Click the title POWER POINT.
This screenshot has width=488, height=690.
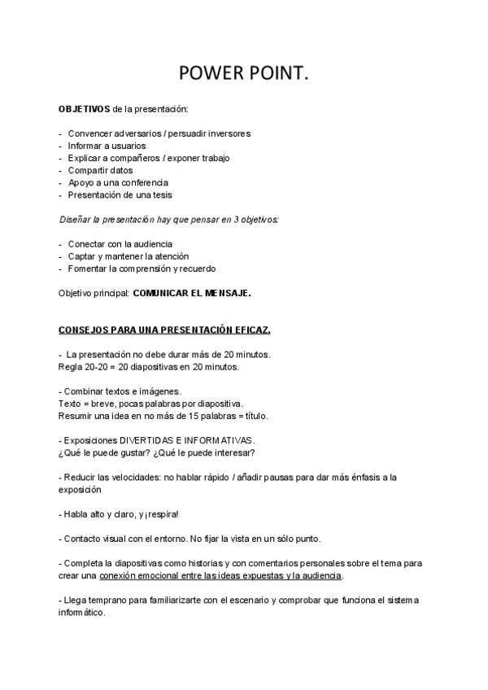coord(243,74)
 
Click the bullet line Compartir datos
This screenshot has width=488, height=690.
coord(100,170)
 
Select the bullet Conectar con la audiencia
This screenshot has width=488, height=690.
coord(120,243)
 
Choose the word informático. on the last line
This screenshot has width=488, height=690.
coord(82,612)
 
